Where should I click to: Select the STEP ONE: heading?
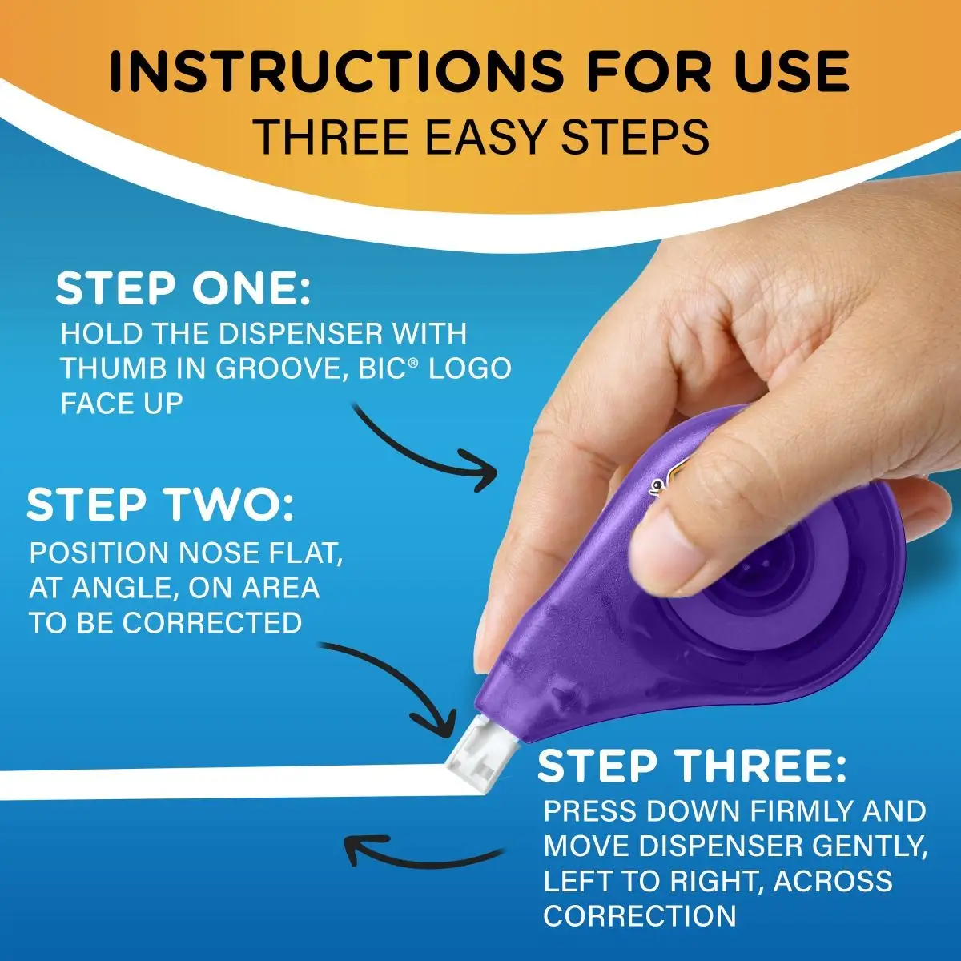pos(183,289)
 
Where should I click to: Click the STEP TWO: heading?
pos(160,505)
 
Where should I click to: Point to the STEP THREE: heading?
pos(692,766)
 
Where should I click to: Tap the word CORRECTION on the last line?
pos(639,915)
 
